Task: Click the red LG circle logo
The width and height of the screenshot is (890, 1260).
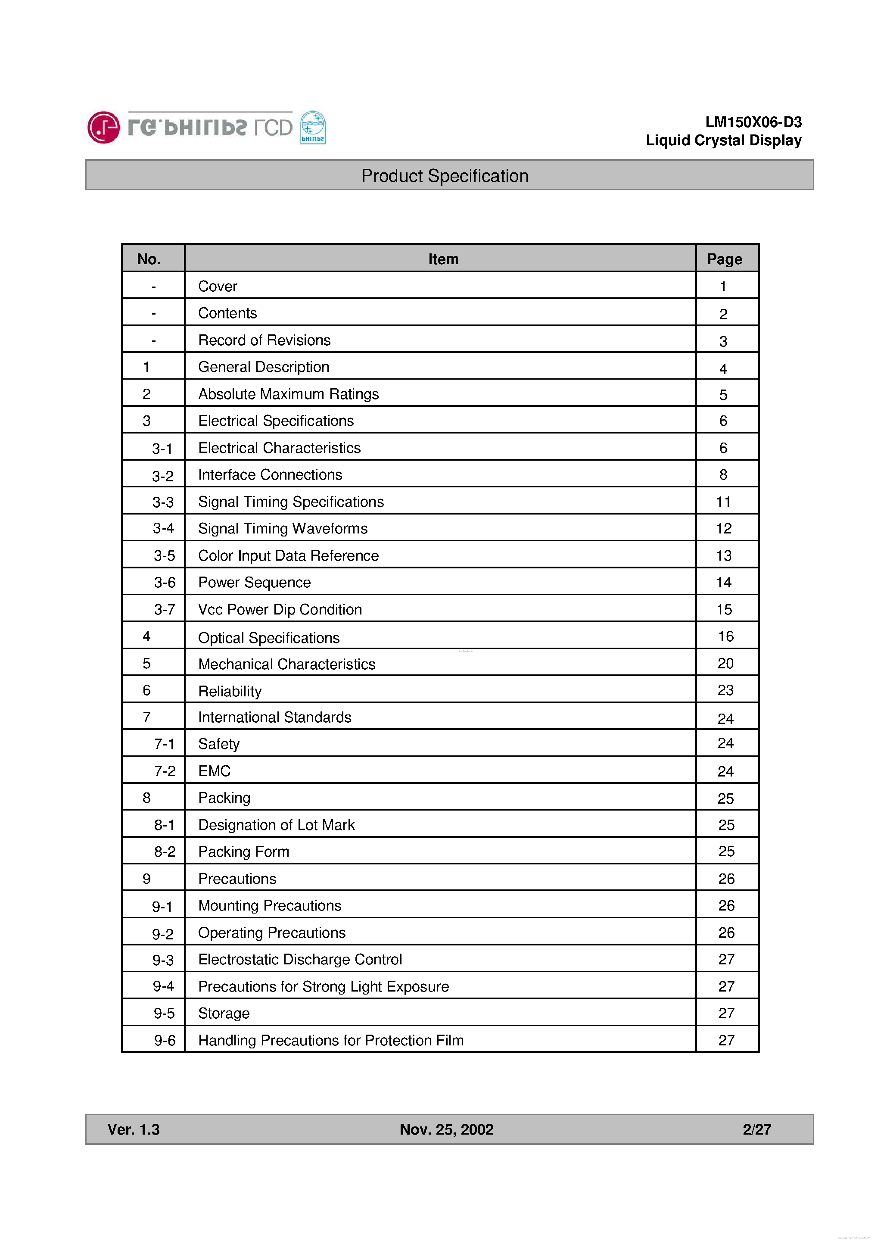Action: pos(103,127)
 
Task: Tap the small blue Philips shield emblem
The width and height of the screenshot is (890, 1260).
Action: pos(313,127)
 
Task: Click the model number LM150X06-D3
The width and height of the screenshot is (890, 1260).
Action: pos(753,122)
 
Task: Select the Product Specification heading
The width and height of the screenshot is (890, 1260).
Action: pos(445,176)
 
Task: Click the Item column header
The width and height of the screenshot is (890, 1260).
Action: pos(443,259)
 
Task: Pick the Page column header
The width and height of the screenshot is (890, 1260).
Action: pos(724,259)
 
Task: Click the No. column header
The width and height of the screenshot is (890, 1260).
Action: pos(149,259)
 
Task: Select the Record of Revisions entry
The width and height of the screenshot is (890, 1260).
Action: pos(264,340)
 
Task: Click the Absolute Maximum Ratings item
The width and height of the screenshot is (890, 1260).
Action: pos(288,394)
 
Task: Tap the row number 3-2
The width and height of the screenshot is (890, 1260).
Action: pos(162,476)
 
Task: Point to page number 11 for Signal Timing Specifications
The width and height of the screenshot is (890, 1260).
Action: pos(723,502)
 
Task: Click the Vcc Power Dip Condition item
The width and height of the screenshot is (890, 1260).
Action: pos(280,609)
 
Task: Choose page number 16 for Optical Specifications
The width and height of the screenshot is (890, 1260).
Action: pos(725,636)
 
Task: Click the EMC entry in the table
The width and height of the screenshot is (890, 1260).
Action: pos(214,771)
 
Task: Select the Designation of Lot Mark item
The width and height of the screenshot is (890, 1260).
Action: pos(276,825)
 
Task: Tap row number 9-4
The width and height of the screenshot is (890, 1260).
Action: pos(163,986)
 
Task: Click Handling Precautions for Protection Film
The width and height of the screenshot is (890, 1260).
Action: pos(330,1040)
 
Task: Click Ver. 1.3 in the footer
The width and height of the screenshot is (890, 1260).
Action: pos(134,1129)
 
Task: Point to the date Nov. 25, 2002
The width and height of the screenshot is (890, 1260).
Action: pos(446,1129)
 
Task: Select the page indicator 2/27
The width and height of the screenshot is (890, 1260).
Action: pos(756,1129)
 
